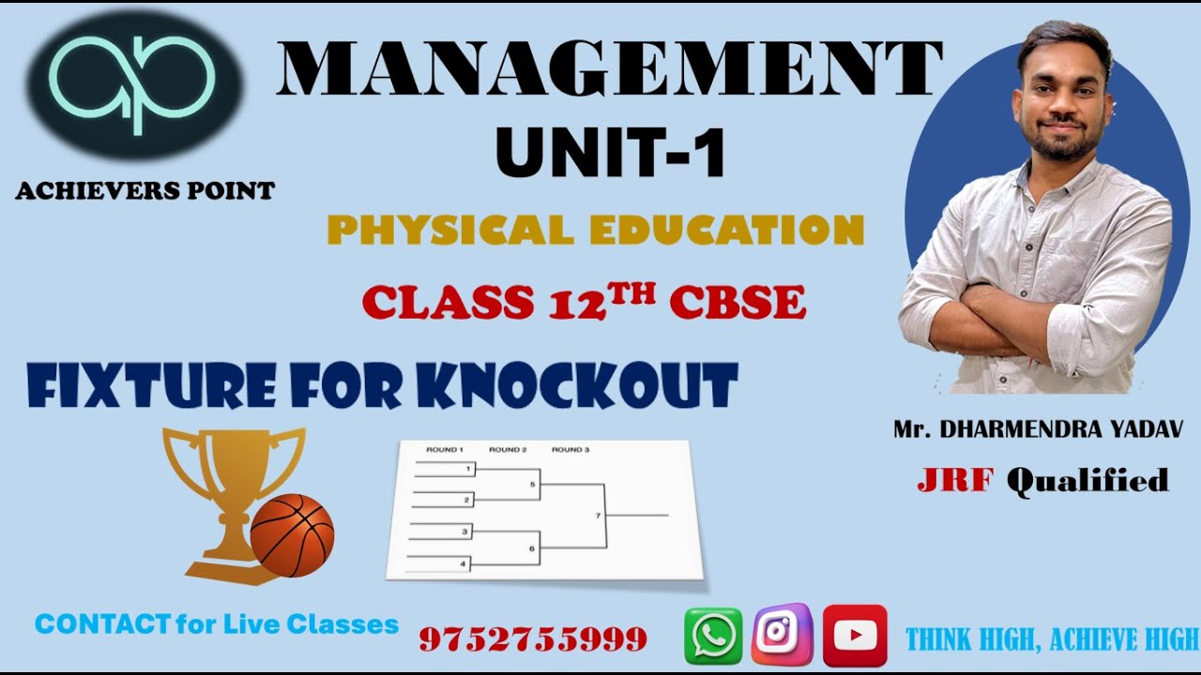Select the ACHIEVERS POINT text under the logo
[x=145, y=192]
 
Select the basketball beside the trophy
[x=292, y=535]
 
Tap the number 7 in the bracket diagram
[x=598, y=516]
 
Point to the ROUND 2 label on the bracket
[x=508, y=450]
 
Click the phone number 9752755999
[x=533, y=639]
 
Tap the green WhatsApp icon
[x=713, y=636]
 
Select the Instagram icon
[x=782, y=635]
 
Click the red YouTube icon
[x=854, y=636]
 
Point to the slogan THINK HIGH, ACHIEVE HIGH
[x=1052, y=640]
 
